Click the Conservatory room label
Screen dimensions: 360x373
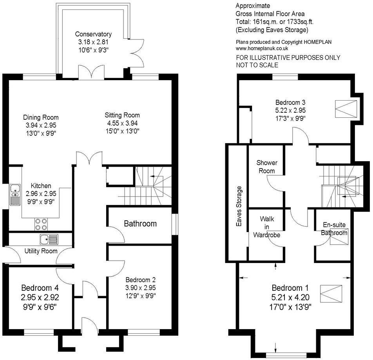click(93, 34)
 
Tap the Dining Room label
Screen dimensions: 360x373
click(41, 117)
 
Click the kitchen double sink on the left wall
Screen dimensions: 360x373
click(15, 194)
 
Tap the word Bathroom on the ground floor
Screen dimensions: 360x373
click(140, 224)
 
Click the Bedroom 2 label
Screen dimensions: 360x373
click(141, 280)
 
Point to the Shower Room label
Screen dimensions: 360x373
click(267, 167)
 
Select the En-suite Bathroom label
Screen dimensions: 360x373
click(335, 229)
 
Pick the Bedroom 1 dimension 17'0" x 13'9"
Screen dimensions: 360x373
click(290, 306)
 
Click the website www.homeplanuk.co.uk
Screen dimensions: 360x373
click(262, 49)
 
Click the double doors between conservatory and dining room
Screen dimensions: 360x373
click(91, 73)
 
